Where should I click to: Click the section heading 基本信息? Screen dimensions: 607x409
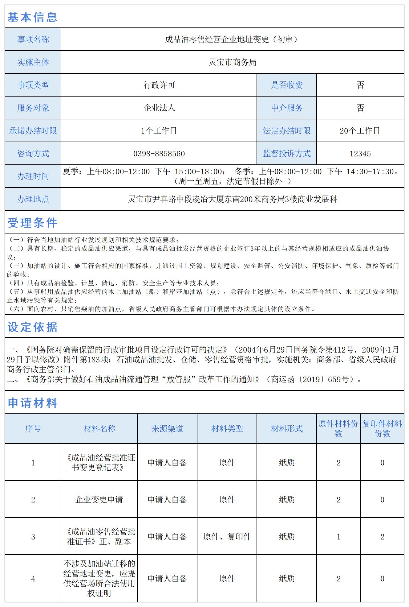pos(32,17)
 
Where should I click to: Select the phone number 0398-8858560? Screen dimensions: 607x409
pos(159,154)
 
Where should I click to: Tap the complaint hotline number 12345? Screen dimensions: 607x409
pos(360,154)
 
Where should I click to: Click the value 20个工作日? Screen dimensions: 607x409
pos(360,131)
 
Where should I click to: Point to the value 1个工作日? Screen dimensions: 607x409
pos(159,131)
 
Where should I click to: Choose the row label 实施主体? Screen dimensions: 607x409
pos(33,62)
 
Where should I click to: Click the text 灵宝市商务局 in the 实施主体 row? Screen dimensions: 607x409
pos(233,62)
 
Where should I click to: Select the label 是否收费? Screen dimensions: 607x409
pos(287,85)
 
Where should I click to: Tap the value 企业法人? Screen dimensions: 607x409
pos(159,108)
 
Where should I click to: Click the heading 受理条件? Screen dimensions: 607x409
pos(32,223)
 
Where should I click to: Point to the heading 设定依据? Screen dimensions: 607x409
pos(32,327)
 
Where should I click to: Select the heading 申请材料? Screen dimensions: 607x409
pos(32,403)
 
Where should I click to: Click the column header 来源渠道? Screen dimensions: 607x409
pos(167,428)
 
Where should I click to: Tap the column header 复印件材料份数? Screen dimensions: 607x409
pos(382,428)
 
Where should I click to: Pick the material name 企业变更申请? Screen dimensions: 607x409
pos(99,500)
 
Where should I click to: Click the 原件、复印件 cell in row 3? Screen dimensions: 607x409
pos(227,537)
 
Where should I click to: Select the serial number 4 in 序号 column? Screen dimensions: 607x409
pos(33,579)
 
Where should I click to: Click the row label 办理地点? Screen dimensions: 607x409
pos(33,199)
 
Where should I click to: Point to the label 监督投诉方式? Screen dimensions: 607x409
pos(287,154)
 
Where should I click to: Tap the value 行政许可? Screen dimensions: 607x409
pos(159,85)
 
